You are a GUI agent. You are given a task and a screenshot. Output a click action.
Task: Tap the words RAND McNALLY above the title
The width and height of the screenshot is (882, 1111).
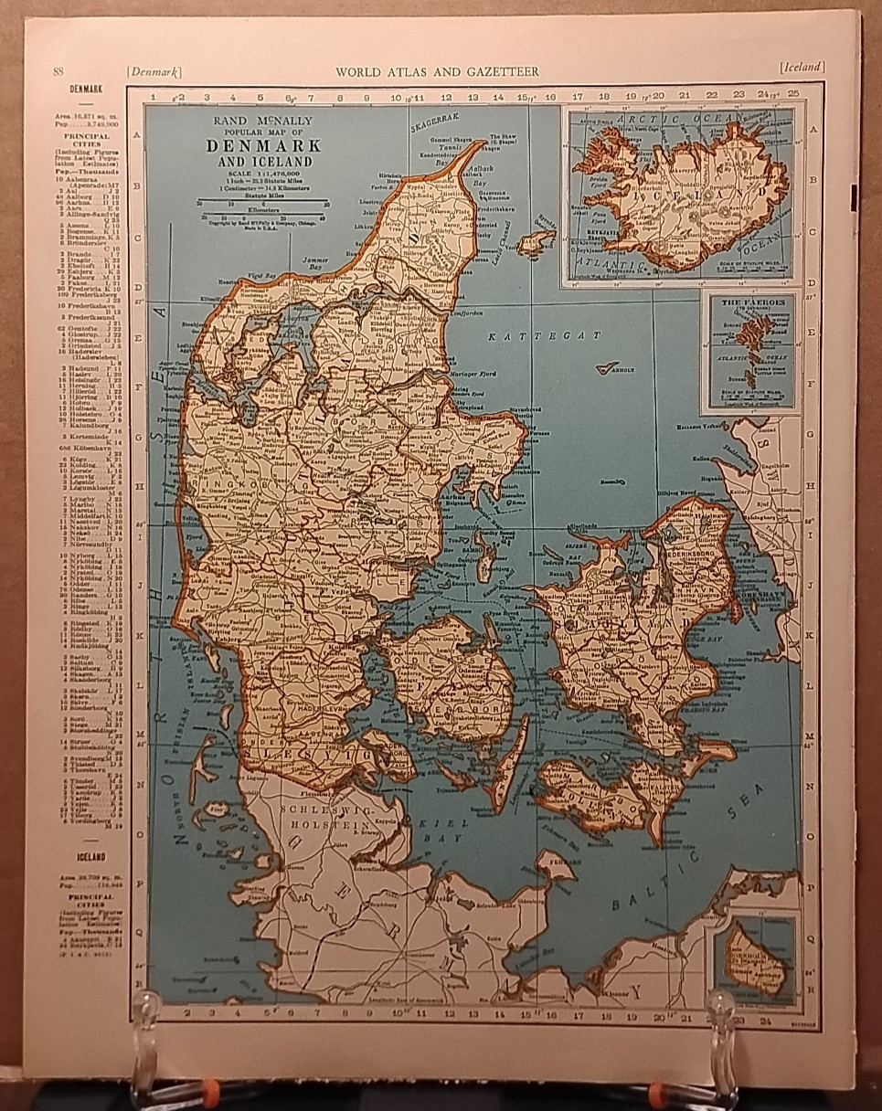tap(259, 121)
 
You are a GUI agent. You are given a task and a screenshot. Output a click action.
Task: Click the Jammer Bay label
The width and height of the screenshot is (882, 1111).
tap(315, 261)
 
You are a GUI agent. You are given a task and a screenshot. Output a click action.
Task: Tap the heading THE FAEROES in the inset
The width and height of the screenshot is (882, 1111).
tap(749, 302)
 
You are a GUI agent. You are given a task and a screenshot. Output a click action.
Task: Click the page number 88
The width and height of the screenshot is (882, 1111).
tap(58, 71)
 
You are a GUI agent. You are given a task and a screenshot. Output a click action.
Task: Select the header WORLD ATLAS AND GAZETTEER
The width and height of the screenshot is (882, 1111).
tap(437, 71)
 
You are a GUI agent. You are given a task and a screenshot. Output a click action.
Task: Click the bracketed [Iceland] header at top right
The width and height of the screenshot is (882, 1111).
tap(802, 67)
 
